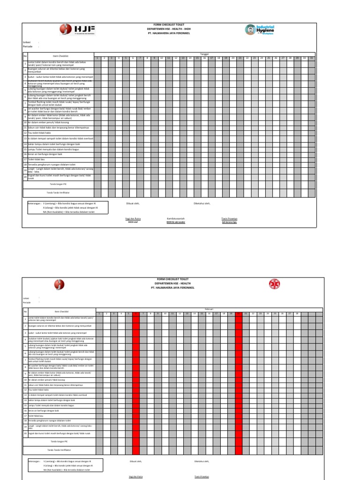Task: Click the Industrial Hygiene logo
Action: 260,30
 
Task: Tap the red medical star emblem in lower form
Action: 273,284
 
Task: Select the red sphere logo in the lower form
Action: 59,285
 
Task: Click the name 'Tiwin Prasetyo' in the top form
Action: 229,218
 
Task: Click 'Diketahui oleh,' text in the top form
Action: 202,203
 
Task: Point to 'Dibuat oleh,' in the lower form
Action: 135,461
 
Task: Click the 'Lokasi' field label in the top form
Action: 26,42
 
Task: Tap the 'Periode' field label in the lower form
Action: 27,302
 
